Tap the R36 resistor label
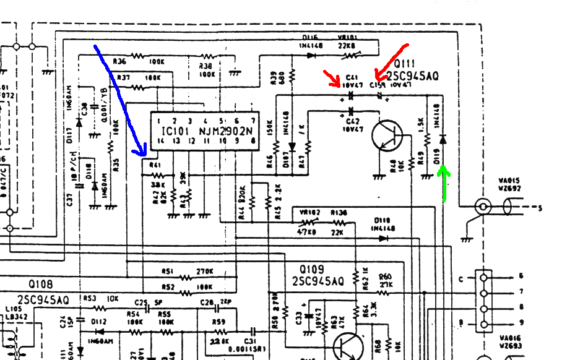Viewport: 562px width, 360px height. [120, 61]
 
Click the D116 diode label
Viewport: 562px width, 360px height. [310, 38]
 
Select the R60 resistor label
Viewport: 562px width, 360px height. [385, 276]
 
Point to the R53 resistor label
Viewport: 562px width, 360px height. [90, 299]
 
